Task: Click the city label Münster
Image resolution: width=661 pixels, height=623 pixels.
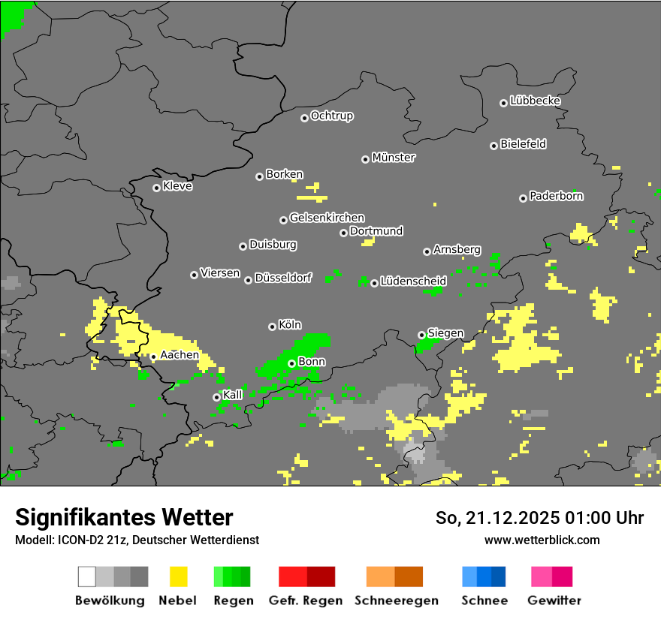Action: [394, 158]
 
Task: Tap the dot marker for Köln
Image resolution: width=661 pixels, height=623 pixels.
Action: [272, 327]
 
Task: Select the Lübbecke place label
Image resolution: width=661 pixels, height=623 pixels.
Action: [535, 101]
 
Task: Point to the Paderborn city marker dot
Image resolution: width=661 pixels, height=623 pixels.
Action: [523, 198]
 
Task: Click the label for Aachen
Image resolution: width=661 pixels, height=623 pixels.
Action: [180, 355]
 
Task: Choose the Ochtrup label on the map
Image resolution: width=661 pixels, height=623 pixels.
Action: [332, 116]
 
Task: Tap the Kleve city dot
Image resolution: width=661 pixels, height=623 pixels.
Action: [156, 188]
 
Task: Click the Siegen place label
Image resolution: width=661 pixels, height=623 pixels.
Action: [445, 333]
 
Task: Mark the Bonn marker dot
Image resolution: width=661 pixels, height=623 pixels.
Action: [291, 363]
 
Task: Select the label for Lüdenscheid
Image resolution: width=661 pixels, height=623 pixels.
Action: [413, 281]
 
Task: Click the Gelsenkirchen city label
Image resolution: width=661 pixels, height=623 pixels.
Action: [327, 218]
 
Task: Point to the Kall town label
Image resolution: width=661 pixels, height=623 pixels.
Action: [233, 395]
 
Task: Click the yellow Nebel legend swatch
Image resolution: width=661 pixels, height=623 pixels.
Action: [178, 576]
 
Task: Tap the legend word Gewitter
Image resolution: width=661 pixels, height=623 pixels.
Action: [554, 600]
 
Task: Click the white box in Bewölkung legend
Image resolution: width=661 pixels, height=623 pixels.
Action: [86, 576]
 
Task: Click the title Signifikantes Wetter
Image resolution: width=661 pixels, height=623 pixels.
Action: [124, 517]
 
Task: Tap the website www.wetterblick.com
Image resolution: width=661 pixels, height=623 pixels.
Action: [542, 540]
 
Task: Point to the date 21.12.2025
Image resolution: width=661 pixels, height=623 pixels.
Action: [508, 518]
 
